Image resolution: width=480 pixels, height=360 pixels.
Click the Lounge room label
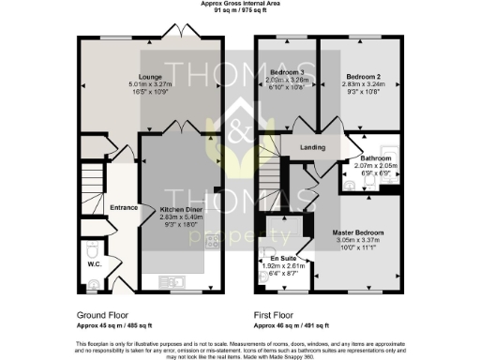[x=151, y=76]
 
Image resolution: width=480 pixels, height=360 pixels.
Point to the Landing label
[x=312, y=147]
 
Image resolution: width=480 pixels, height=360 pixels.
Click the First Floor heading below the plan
[x=274, y=316]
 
